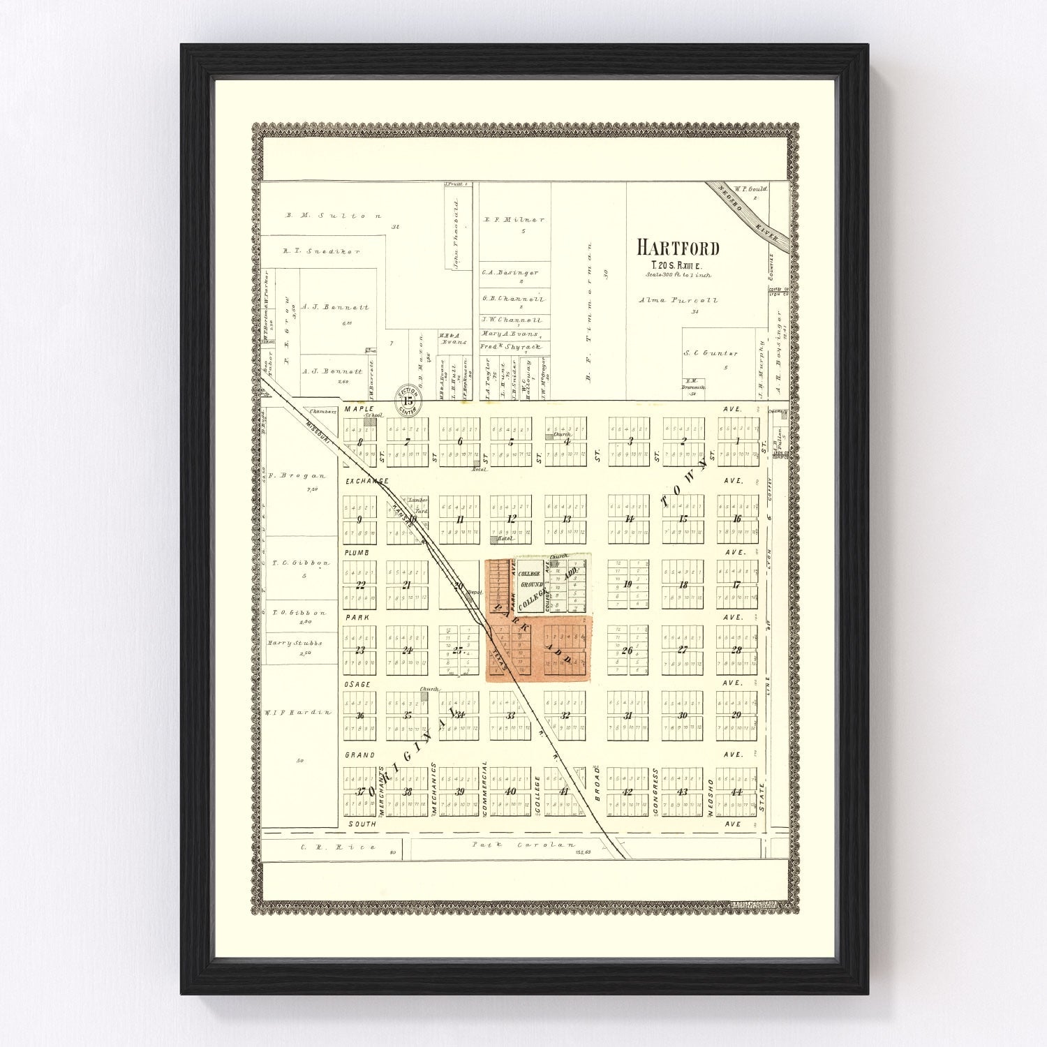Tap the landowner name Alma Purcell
(678, 300)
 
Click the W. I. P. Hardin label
(297, 712)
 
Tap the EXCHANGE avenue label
(365, 482)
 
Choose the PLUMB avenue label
(356, 552)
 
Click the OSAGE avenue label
(357, 684)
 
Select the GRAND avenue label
(359, 755)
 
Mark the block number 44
(736, 792)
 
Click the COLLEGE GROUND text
(532, 579)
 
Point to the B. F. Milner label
(514, 219)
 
